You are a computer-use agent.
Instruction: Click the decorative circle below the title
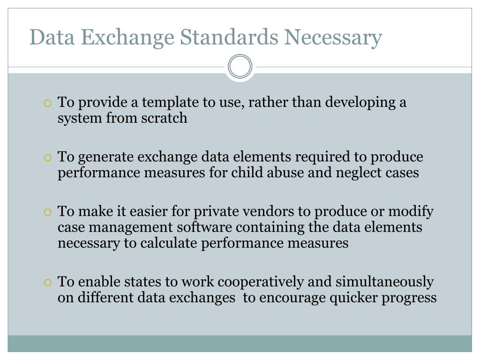(240, 66)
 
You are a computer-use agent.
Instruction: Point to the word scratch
(164, 118)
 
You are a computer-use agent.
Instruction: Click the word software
(204, 227)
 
